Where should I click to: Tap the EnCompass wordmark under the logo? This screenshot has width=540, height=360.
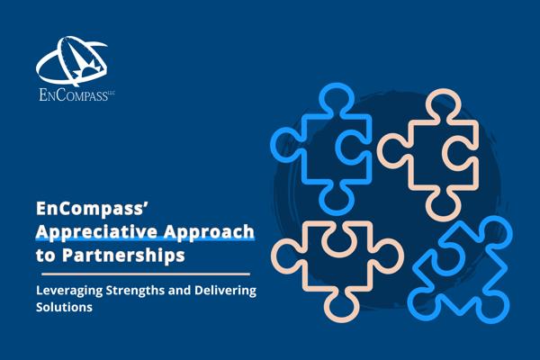[x=77, y=95]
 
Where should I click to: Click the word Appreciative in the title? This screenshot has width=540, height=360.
[x=97, y=232]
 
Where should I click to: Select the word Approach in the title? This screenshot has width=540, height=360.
[x=209, y=232]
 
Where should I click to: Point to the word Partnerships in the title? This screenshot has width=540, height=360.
[x=123, y=256]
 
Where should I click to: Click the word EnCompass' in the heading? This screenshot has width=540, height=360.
[x=92, y=209]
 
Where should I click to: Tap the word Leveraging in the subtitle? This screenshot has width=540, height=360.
[x=69, y=291]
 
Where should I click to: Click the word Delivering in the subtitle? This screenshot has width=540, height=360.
[x=225, y=290]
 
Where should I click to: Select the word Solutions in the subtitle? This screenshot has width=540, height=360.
[x=64, y=307]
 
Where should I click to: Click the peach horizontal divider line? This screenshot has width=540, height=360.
[x=146, y=274]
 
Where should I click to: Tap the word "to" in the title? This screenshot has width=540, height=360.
[x=46, y=256]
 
